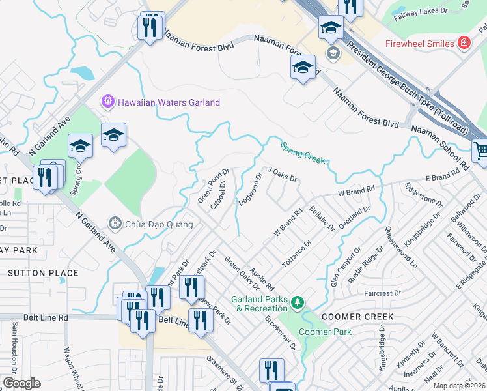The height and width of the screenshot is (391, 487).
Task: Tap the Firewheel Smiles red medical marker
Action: click(464, 44)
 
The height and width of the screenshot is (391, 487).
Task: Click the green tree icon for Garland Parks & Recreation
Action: click(298, 302)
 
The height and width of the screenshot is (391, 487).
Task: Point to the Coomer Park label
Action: click(325, 332)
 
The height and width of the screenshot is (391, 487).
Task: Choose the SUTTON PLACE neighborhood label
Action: click(44, 273)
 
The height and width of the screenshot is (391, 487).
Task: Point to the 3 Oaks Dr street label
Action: click(282, 174)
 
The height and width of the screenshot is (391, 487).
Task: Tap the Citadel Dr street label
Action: click(218, 195)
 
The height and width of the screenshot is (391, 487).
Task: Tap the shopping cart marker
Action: click(480, 152)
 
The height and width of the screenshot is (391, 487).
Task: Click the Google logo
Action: click(21, 383)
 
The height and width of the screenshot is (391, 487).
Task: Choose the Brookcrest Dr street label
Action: click(280, 332)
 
